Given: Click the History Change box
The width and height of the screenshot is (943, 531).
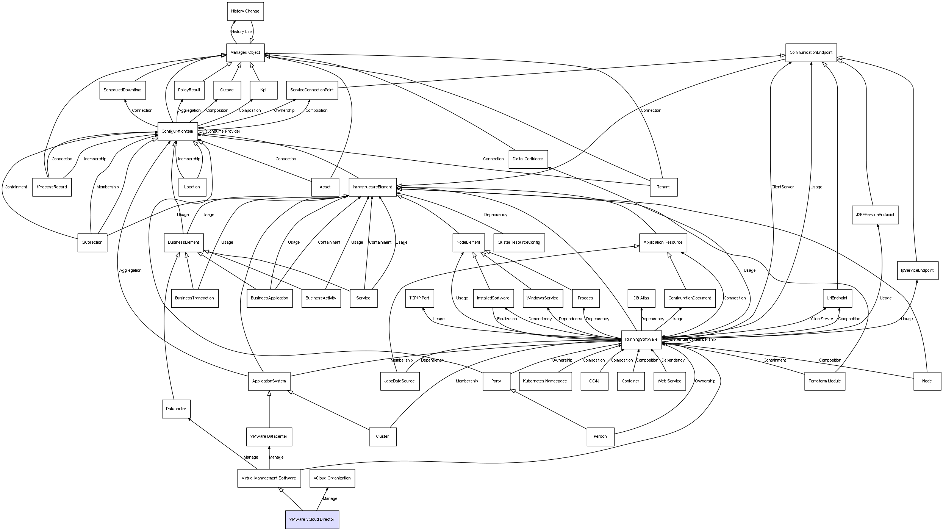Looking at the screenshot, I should (x=245, y=11).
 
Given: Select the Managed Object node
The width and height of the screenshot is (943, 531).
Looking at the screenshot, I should (x=245, y=53).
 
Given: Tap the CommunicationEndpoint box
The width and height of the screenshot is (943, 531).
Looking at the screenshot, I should (x=811, y=53).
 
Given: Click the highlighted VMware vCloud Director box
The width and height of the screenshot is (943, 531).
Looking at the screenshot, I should (x=312, y=519).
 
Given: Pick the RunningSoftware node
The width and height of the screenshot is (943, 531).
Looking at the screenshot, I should (x=641, y=339).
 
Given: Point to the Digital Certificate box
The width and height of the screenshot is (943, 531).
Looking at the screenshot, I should (x=528, y=159).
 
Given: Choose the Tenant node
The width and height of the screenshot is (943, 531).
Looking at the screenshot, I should (x=663, y=187).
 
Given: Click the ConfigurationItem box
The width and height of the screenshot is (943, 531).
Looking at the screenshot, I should (x=177, y=132).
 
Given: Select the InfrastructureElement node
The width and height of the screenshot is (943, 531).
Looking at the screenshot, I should (x=372, y=187).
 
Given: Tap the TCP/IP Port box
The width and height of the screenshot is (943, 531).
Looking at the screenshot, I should (x=419, y=298).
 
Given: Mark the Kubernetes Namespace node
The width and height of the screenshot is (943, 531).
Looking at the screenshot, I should (x=545, y=381).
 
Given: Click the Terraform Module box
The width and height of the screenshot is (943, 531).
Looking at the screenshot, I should (x=824, y=381).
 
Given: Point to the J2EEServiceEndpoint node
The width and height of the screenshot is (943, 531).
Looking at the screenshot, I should (x=875, y=215).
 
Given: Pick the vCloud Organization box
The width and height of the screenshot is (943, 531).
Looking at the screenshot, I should (x=332, y=478).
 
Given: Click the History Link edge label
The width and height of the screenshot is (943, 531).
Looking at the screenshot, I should (x=242, y=32).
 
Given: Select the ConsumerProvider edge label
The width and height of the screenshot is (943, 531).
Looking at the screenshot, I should (x=224, y=132).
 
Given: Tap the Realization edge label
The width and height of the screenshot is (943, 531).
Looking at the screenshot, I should (x=507, y=319).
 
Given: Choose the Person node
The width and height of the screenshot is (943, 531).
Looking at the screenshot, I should (x=600, y=437).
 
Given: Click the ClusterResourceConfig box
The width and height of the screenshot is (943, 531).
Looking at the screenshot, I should (x=519, y=243).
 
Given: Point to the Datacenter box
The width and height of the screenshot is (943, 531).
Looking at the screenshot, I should (x=176, y=409).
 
